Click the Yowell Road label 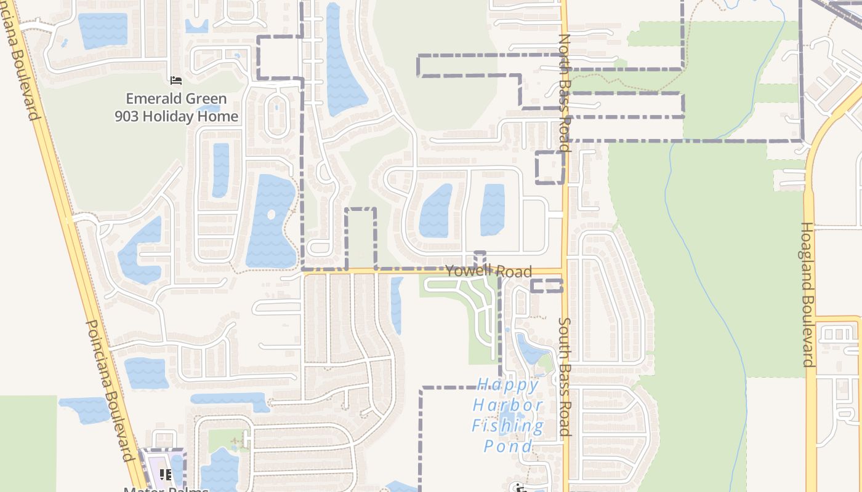(x=488, y=271)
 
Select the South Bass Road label (x=565, y=376)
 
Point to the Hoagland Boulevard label (x=807, y=295)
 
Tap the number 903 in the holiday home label (x=127, y=116)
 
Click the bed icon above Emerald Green (x=176, y=81)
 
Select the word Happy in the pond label (x=508, y=385)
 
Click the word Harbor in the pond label (x=508, y=405)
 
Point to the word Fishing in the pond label (x=508, y=426)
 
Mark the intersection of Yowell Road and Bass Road (x=564, y=271)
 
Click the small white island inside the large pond (x=272, y=214)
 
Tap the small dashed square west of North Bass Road (x=550, y=167)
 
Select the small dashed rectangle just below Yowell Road (x=547, y=285)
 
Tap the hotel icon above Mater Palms (x=165, y=474)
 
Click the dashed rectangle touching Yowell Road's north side (x=361, y=239)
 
